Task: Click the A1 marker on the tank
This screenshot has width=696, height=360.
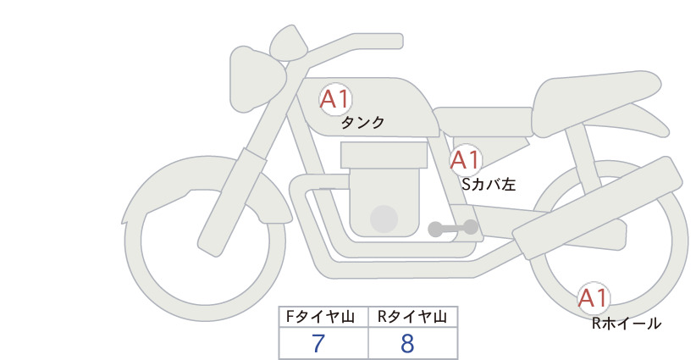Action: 335,99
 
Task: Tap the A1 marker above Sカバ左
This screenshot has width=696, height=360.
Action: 466,160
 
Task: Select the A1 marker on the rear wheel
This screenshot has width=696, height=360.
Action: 594,298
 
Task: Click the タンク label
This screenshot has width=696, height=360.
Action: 362,123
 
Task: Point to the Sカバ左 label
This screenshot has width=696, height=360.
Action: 489,184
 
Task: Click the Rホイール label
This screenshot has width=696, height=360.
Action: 627,324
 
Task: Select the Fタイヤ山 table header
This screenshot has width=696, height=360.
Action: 320,317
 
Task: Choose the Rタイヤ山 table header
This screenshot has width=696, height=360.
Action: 412,317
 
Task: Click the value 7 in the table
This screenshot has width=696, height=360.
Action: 318,343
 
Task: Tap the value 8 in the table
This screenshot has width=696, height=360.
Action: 407,343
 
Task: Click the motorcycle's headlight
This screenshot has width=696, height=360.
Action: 255,78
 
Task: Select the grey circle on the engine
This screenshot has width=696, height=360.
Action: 384,219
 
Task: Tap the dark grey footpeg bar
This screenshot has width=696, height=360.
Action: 453,228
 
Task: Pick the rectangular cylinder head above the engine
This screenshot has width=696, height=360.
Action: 384,155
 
